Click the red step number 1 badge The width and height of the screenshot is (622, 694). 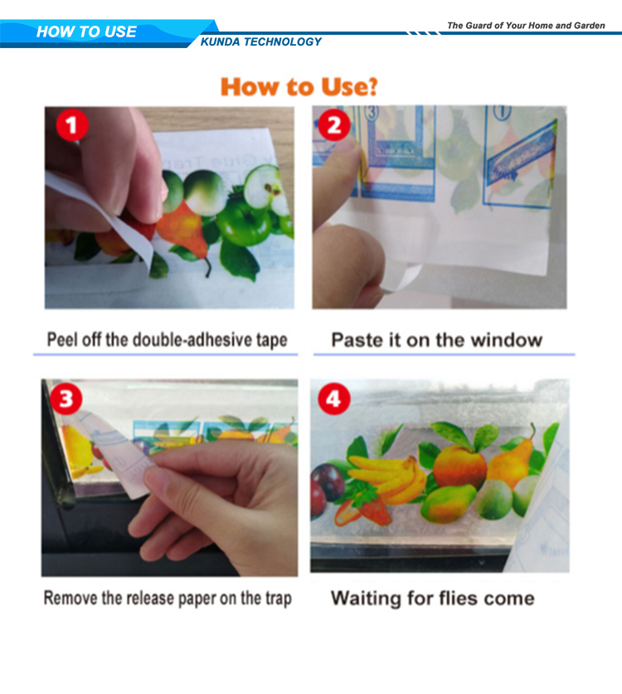point(72,125)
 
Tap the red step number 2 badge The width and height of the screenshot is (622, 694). point(334,125)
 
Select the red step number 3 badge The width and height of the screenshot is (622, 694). point(66,398)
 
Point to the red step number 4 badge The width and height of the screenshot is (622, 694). point(333,398)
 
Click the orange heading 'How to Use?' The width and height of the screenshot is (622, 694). point(299,86)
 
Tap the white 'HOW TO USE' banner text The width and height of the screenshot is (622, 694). point(86,32)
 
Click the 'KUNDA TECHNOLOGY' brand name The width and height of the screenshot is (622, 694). point(261,41)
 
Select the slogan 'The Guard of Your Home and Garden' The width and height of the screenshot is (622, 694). point(526,25)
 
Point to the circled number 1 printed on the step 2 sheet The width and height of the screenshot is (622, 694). point(502,113)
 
